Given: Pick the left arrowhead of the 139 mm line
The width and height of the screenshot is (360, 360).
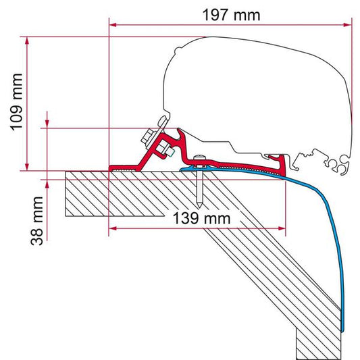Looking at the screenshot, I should [x=113, y=228].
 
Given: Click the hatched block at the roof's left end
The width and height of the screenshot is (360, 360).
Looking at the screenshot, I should [x=85, y=192].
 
